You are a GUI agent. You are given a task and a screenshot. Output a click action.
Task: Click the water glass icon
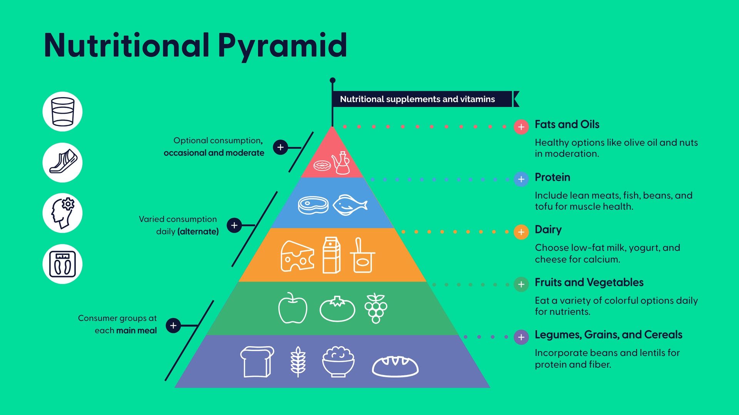[x=62, y=111]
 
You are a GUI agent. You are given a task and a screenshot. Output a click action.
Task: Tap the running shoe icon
[x=62, y=162]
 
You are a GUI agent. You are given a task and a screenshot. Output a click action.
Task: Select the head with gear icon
[x=62, y=213]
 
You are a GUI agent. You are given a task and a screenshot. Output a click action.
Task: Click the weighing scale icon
[x=62, y=264]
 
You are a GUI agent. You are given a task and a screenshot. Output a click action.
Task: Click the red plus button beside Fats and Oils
[x=521, y=127]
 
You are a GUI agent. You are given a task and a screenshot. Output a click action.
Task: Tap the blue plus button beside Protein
[x=521, y=179]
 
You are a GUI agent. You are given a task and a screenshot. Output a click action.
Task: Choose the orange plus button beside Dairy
[x=521, y=232]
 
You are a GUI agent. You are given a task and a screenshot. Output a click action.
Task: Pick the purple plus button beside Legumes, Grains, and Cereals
[x=521, y=337]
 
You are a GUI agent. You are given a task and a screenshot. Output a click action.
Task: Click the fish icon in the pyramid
[x=349, y=205]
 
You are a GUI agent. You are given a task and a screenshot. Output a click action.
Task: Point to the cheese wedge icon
[x=297, y=256]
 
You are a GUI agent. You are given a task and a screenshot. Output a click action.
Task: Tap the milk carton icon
[x=331, y=255]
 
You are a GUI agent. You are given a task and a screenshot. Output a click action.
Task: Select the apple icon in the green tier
[x=293, y=308]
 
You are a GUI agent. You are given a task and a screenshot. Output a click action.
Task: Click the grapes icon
[x=376, y=308]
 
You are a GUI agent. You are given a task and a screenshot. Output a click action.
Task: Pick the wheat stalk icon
[x=298, y=362]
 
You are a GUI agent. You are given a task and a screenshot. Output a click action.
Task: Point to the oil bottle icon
[x=341, y=163]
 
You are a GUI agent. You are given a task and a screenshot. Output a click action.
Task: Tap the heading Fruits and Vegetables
[x=589, y=282]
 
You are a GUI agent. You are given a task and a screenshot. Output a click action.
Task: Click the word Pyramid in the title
[x=283, y=45]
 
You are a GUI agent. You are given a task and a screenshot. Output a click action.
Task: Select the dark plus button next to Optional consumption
[x=280, y=147]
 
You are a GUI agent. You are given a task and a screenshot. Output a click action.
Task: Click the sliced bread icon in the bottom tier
[x=257, y=362]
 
